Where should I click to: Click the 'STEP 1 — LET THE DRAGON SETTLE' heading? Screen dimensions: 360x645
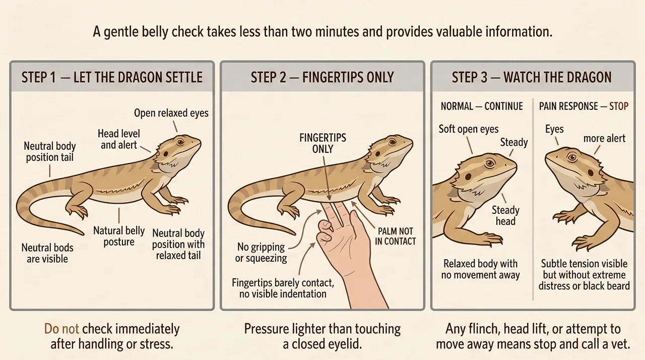(112, 77)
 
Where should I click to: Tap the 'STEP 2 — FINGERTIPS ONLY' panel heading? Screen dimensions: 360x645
(322, 77)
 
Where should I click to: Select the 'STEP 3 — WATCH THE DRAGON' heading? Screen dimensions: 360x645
(532, 77)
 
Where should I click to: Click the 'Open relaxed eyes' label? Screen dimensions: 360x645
(171, 112)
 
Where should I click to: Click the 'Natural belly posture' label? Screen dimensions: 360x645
(119, 236)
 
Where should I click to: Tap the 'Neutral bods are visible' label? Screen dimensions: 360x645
(47, 253)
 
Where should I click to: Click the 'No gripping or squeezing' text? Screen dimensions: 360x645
(262, 253)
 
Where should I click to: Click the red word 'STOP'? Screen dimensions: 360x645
(619, 106)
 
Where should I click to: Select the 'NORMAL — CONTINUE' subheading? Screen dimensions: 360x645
(482, 106)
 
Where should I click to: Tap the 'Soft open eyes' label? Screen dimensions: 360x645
(469, 129)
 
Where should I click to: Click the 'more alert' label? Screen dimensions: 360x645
(604, 138)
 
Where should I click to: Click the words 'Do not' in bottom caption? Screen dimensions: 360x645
(61, 330)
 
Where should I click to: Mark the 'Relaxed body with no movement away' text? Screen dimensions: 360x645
(481, 269)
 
